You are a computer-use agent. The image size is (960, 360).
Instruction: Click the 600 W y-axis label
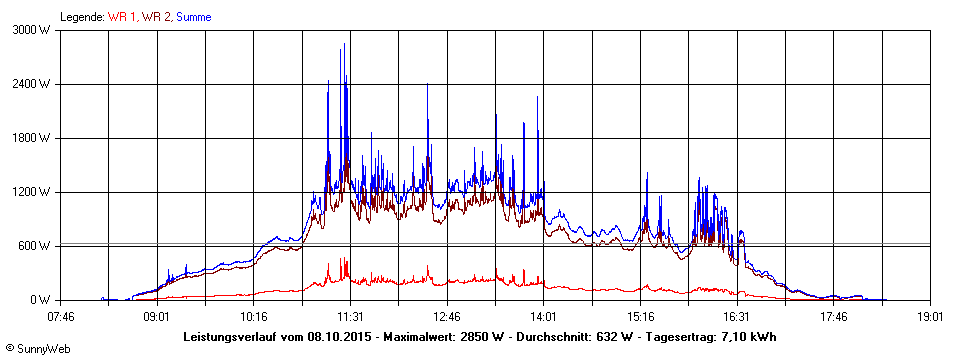click(x=35, y=246)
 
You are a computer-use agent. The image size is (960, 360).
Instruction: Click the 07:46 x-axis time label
click(x=61, y=317)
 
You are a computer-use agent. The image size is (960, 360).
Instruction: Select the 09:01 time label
click(x=157, y=317)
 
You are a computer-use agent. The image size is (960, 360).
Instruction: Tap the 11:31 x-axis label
click(x=351, y=317)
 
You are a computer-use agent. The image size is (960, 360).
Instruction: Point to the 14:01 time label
click(x=544, y=317)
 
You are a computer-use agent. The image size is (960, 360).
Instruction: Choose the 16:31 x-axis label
click(x=737, y=317)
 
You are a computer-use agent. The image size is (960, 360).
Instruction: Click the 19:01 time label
click(x=931, y=317)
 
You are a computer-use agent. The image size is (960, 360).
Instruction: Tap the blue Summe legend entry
click(x=193, y=17)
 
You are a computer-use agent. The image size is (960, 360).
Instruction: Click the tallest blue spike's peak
click(x=345, y=44)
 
